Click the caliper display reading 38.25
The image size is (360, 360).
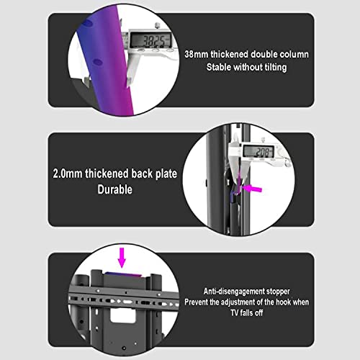[150, 40]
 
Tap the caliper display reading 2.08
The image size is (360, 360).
[258, 152]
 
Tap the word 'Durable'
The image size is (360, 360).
[114, 189]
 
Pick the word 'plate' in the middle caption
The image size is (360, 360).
[166, 174]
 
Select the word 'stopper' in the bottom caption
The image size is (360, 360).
[278, 292]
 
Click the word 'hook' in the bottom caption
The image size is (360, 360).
[283, 302]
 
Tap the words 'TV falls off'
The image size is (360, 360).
[247, 312]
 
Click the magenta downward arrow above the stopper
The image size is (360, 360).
[122, 258]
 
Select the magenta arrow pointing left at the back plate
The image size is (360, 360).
[252, 189]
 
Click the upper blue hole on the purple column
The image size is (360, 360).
[87, 23]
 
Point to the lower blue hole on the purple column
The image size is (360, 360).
[98, 62]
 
